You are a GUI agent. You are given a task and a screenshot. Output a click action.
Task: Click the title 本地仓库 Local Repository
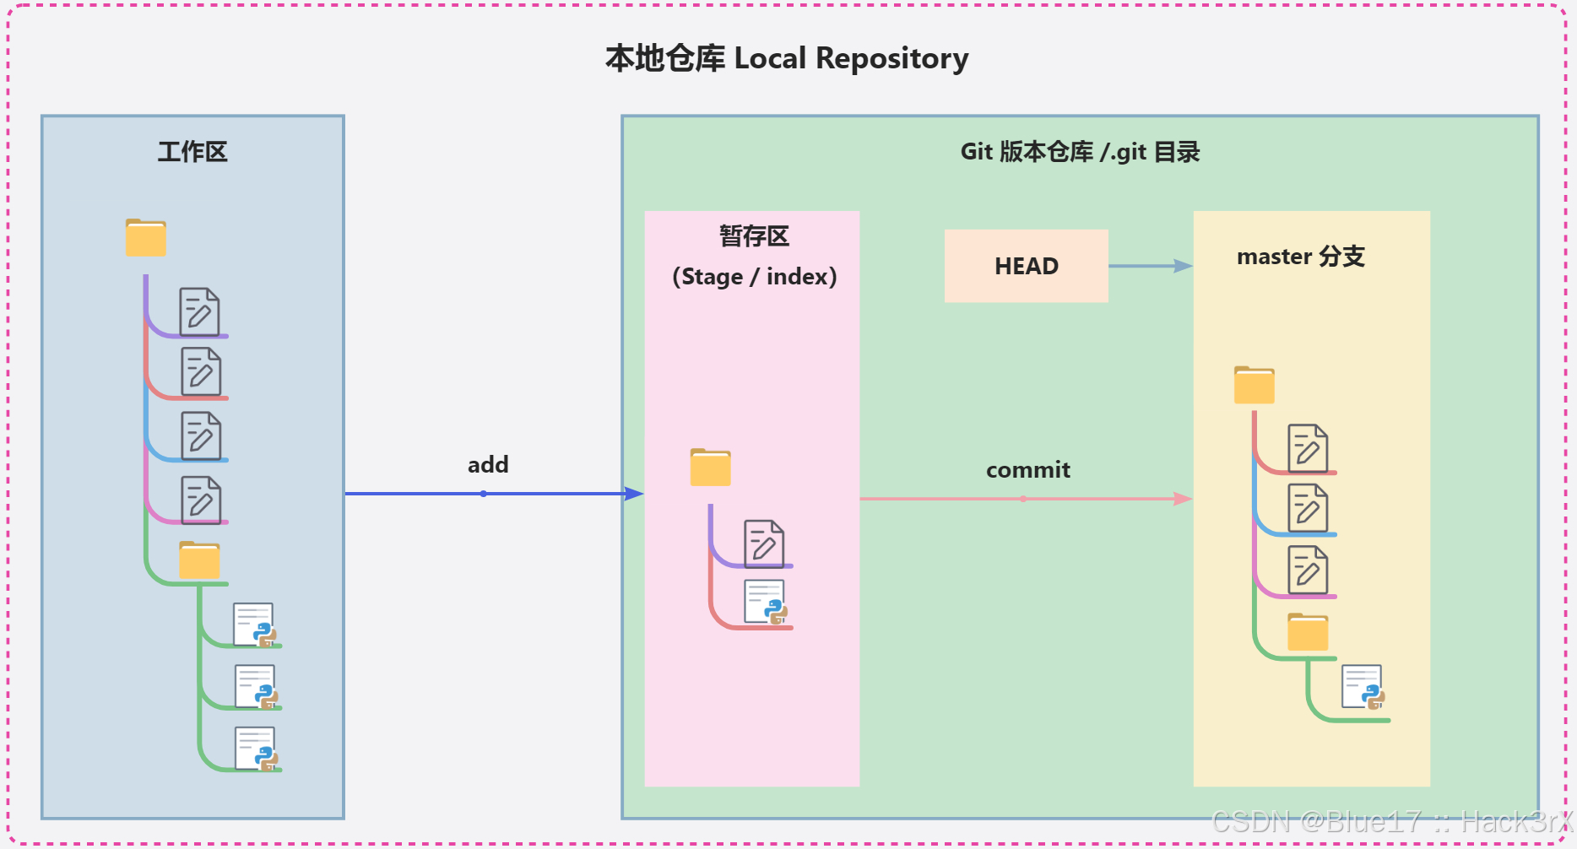tap(787, 58)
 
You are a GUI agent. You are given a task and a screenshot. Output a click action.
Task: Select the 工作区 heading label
tap(192, 152)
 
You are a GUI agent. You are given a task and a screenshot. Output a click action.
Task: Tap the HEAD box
tap(1026, 266)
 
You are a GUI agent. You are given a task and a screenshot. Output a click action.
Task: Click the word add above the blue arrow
tap(488, 465)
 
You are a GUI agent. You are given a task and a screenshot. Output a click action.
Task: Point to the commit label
tap(1027, 470)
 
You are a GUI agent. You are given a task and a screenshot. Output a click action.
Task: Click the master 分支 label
tap(1300, 257)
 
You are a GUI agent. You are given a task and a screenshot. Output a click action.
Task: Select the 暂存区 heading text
tap(754, 236)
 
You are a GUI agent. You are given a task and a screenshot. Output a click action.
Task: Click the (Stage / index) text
tap(754, 277)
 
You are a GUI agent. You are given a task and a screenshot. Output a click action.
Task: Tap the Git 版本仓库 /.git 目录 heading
tap(1080, 152)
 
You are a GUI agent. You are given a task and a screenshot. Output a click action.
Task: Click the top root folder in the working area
tap(146, 238)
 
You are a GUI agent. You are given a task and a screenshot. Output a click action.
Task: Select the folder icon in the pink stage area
tap(710, 468)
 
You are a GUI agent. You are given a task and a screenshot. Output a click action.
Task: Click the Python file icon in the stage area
tap(766, 603)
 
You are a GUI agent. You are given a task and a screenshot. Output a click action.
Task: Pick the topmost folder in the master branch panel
tap(1254, 386)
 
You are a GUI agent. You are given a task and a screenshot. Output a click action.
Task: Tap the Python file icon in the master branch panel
tap(1363, 688)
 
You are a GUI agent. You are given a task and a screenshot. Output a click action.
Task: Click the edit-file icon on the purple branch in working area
tap(199, 312)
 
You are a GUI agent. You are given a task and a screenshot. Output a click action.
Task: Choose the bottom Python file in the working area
tap(256, 749)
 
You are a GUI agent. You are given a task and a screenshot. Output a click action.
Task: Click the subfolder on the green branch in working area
tap(199, 560)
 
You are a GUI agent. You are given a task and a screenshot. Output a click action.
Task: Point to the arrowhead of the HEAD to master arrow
tap(1184, 266)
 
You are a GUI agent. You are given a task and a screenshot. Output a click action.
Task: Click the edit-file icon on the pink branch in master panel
tap(1308, 570)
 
